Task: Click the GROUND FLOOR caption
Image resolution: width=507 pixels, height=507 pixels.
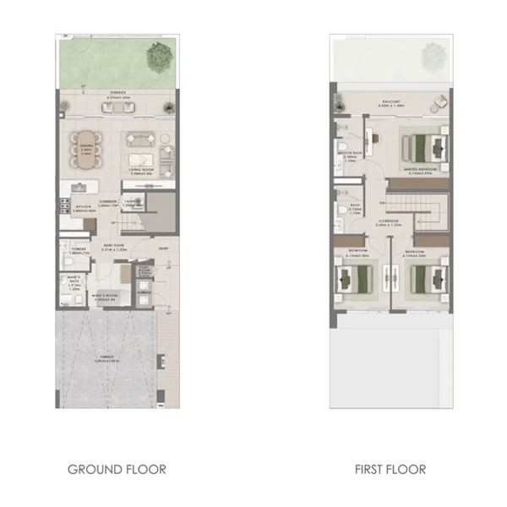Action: (x=117, y=468)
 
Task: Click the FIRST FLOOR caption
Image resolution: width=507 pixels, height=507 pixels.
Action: (x=390, y=468)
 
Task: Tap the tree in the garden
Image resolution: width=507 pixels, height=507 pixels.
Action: (x=157, y=57)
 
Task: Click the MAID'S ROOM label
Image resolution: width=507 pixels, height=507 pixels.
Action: (x=104, y=297)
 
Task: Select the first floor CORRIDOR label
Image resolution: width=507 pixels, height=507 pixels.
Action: (x=390, y=225)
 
